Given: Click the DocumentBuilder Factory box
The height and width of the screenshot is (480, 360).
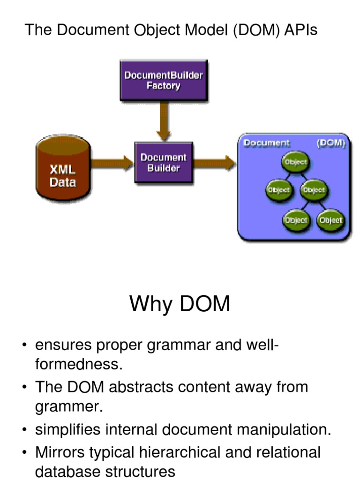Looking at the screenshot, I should [163, 81].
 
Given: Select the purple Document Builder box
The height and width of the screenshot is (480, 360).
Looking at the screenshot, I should [163, 162].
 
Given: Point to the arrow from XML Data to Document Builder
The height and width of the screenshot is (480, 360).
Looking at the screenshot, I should [112, 163].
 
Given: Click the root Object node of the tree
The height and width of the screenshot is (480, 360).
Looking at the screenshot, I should [295, 162].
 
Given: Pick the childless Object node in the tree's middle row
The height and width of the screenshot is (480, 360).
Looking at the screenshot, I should [278, 190].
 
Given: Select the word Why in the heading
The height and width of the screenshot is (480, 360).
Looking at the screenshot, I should [149, 304].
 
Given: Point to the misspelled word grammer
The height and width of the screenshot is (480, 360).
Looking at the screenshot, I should [68, 406].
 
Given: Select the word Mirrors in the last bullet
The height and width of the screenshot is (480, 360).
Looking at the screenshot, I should [63, 452].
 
